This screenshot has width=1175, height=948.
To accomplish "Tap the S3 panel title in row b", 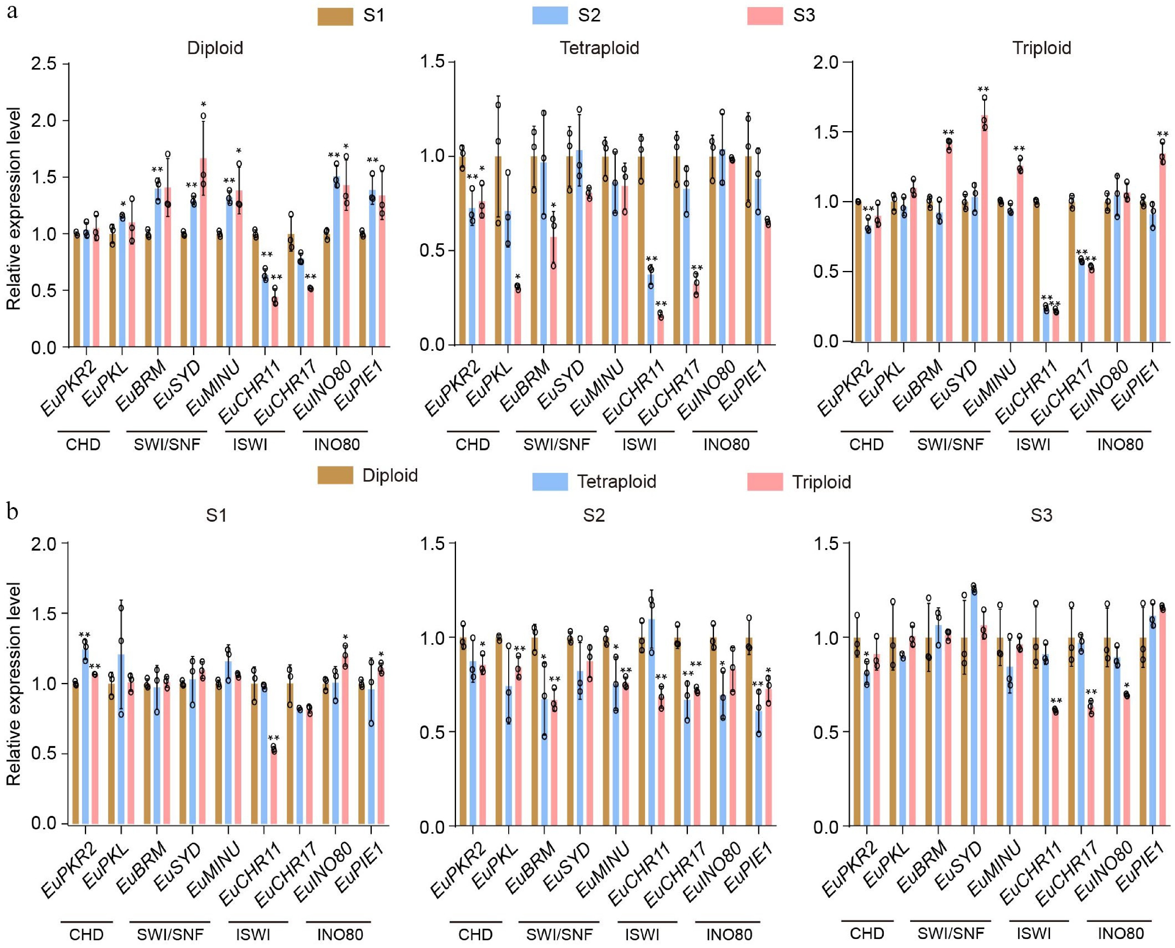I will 1041,515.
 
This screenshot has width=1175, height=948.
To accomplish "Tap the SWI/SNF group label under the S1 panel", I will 170,934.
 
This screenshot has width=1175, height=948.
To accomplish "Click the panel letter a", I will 12,11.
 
